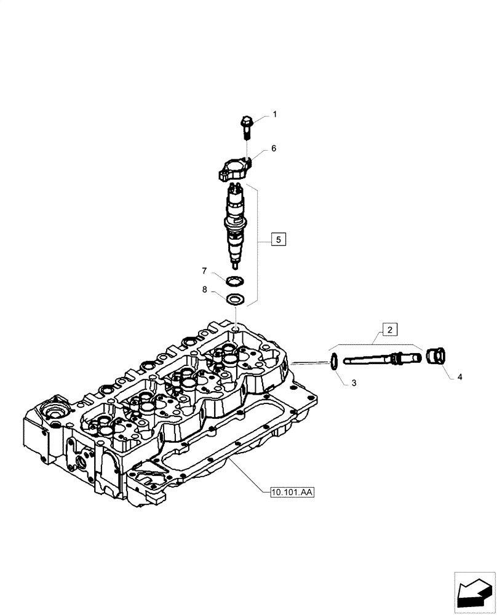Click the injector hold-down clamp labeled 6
tap(234, 170)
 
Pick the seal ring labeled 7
tap(234, 282)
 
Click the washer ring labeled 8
tap(234, 300)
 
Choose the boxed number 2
tap(389, 329)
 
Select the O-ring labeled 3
tap(333, 363)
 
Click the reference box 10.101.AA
tap(292, 492)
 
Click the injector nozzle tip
tap(235, 264)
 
